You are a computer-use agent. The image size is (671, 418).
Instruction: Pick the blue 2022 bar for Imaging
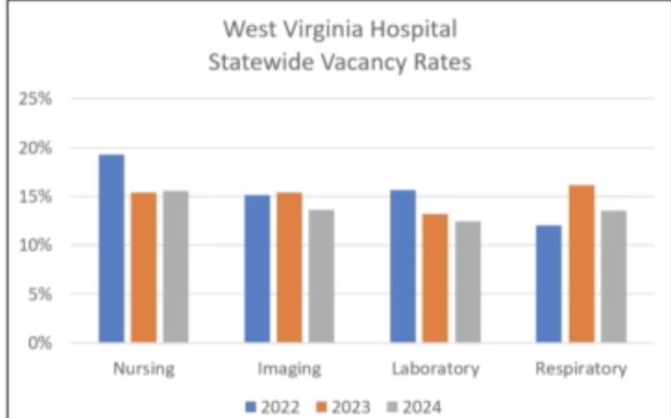click(x=257, y=268)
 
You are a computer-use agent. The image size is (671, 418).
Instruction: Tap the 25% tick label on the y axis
click(x=35, y=99)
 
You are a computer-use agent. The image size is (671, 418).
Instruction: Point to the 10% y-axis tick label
click(x=35, y=246)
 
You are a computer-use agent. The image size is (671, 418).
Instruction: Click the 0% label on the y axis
click(x=39, y=343)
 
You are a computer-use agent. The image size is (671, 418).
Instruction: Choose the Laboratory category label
click(x=435, y=369)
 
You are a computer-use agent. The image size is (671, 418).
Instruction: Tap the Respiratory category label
click(x=581, y=369)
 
